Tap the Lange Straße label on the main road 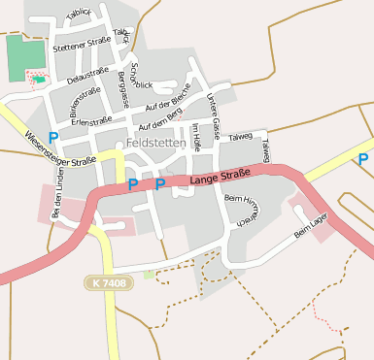click(221, 177)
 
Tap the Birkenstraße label click(85, 98)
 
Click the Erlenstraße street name click(92, 122)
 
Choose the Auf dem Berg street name click(160, 120)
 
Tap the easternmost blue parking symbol click(362, 159)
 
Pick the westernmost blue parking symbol click(53, 138)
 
